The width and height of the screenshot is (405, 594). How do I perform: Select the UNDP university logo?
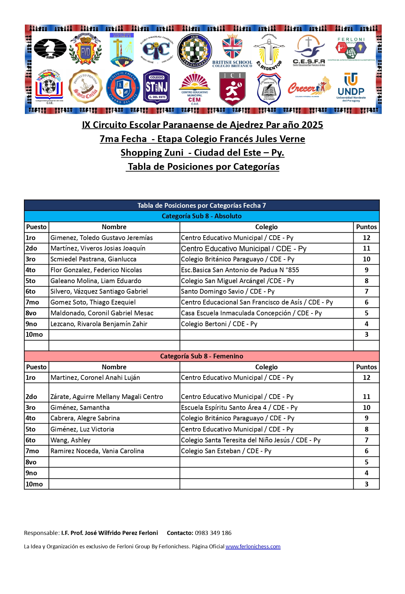pos(351,87)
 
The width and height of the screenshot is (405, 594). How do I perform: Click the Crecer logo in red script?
pos(309,87)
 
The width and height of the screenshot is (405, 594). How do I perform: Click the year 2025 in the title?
pos(312,125)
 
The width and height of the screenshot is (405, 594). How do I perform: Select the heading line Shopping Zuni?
pos(202,153)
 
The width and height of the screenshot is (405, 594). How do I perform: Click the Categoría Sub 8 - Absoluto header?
pos(202,216)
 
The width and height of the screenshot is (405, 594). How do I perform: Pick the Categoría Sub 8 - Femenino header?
pos(202,356)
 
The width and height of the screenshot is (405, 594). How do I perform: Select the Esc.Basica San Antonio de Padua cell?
pos(240,270)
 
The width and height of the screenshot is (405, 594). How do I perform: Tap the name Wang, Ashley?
pos(71,440)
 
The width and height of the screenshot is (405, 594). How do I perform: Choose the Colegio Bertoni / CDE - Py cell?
pos(219,324)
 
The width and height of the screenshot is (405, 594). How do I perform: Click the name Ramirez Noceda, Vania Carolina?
pos(97,451)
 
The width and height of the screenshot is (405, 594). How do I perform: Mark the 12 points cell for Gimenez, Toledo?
pos(366,238)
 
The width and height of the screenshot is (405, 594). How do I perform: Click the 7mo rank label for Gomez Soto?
pos(32,302)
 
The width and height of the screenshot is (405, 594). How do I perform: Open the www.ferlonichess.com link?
pos(253,546)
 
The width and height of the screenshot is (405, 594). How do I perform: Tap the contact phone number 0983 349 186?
pos(213,533)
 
